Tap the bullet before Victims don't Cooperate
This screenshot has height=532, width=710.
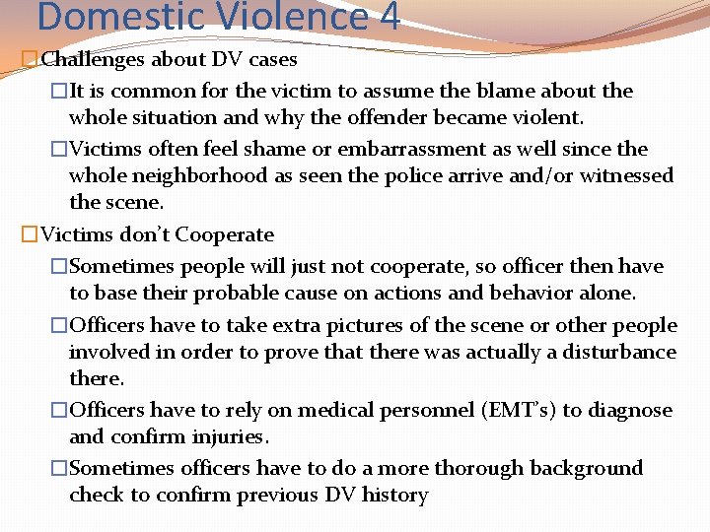[29, 235]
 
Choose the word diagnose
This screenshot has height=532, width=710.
[630, 410]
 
